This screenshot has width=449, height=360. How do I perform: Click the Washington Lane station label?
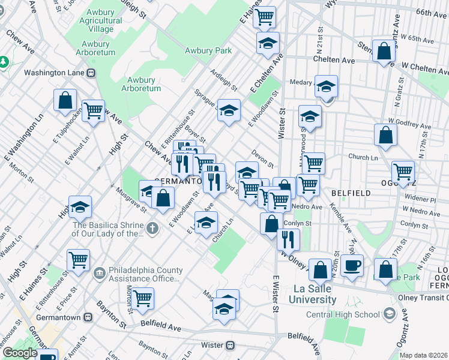(x=55, y=73)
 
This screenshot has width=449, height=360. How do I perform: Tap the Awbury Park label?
(x=208, y=51)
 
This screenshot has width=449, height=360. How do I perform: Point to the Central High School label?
(x=351, y=314)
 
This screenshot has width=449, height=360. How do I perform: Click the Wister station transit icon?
(x=229, y=345)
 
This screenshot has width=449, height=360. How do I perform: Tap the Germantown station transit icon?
(x=88, y=317)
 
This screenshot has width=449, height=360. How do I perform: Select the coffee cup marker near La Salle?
(x=352, y=265)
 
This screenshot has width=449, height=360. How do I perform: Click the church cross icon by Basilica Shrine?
(x=152, y=228)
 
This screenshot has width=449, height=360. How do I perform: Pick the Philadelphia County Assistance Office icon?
(x=98, y=274)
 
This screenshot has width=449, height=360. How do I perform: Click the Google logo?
(x=19, y=353)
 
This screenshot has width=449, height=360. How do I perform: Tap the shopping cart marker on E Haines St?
(x=264, y=17)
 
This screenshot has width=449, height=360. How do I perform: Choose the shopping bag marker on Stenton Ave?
(x=383, y=52)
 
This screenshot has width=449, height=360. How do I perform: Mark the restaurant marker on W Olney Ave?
(x=288, y=239)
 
